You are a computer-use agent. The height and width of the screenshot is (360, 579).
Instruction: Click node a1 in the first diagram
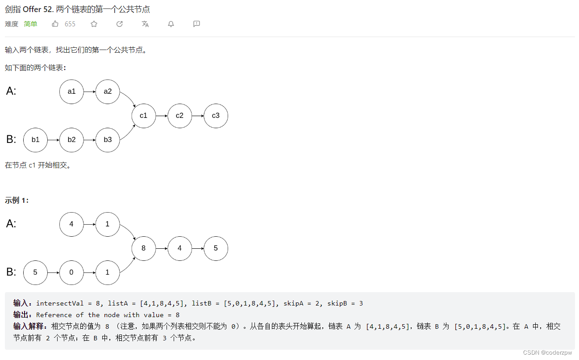(x=71, y=92)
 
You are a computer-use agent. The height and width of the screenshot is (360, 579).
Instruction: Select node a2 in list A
(x=108, y=92)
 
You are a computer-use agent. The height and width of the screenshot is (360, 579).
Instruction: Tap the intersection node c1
(x=143, y=116)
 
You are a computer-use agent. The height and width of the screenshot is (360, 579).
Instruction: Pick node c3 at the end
(x=216, y=116)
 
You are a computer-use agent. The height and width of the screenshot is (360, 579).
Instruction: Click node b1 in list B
(x=35, y=140)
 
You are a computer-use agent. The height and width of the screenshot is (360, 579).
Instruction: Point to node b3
(x=108, y=140)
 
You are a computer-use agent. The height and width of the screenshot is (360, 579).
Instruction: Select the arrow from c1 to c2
(x=162, y=116)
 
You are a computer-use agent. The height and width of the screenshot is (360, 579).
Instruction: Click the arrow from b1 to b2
(x=54, y=140)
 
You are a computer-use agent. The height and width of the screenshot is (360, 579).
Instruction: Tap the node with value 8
(x=143, y=248)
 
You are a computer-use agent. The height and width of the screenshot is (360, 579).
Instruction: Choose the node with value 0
(x=71, y=272)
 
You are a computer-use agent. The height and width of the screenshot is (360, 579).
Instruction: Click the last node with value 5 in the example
(x=216, y=248)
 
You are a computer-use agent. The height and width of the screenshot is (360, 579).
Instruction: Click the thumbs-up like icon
(x=55, y=24)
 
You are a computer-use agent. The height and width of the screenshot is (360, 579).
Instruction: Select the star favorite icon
(x=94, y=24)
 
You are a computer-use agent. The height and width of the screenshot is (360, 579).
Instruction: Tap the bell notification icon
(x=171, y=24)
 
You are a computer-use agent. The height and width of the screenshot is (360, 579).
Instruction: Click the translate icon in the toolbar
(x=145, y=24)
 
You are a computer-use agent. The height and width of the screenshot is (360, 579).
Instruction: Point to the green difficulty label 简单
(x=31, y=24)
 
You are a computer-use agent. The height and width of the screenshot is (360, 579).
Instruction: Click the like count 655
(x=70, y=24)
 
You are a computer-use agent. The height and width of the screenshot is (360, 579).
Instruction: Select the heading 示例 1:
(x=17, y=201)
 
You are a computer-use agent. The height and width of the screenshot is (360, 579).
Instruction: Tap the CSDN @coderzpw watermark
(x=547, y=353)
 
